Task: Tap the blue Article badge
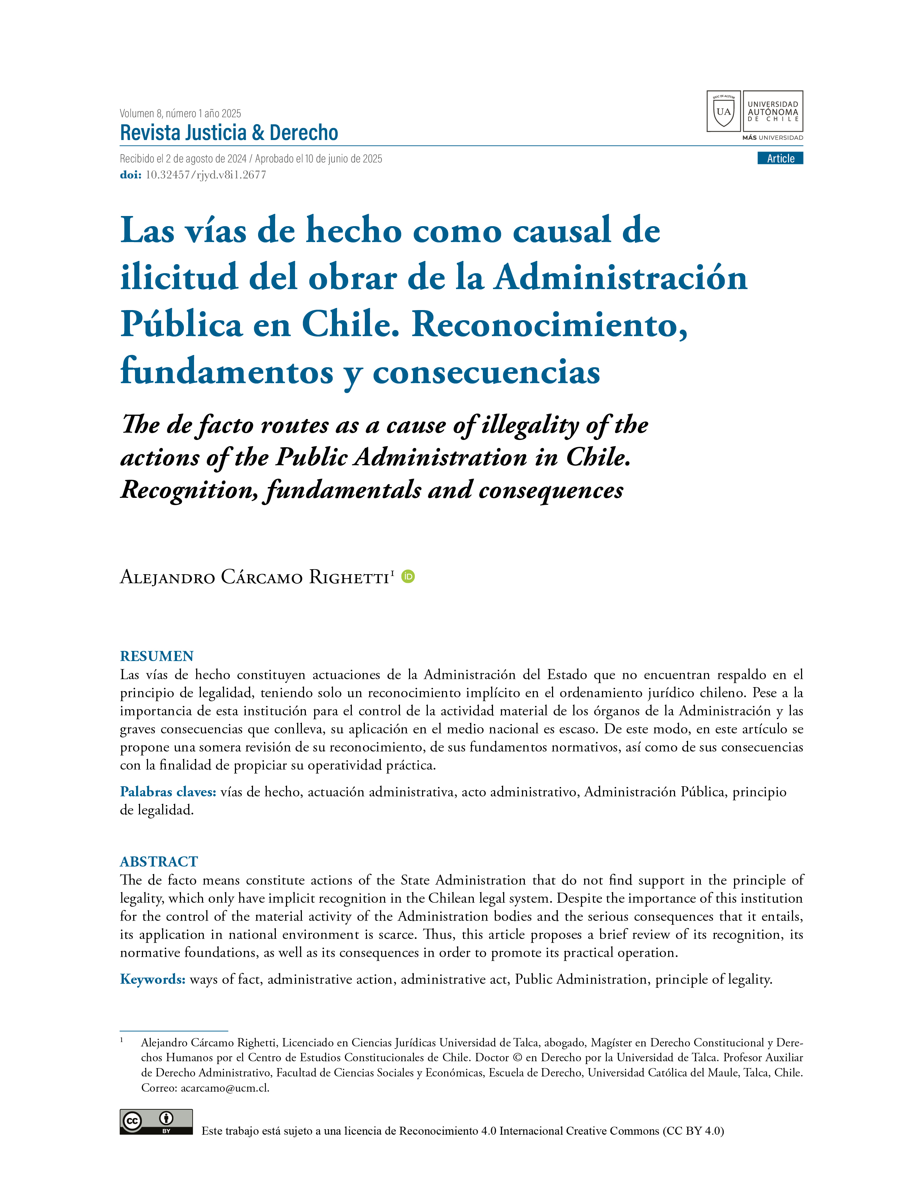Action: [780, 158]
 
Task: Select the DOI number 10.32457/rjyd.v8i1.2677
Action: [206, 175]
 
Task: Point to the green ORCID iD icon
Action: [408, 576]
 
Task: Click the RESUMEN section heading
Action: [157, 656]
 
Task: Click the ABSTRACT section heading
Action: [159, 861]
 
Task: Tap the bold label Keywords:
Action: [152, 979]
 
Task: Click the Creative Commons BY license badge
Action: [156, 1122]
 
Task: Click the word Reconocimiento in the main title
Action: [549, 325]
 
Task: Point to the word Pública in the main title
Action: [181, 325]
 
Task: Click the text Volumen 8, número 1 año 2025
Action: [181, 114]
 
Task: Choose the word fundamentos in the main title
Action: [226, 372]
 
